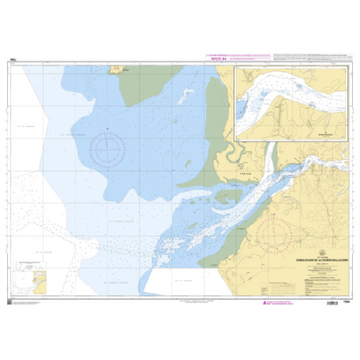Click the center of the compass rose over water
coord(108,148)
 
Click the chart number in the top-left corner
coord(14,59)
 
